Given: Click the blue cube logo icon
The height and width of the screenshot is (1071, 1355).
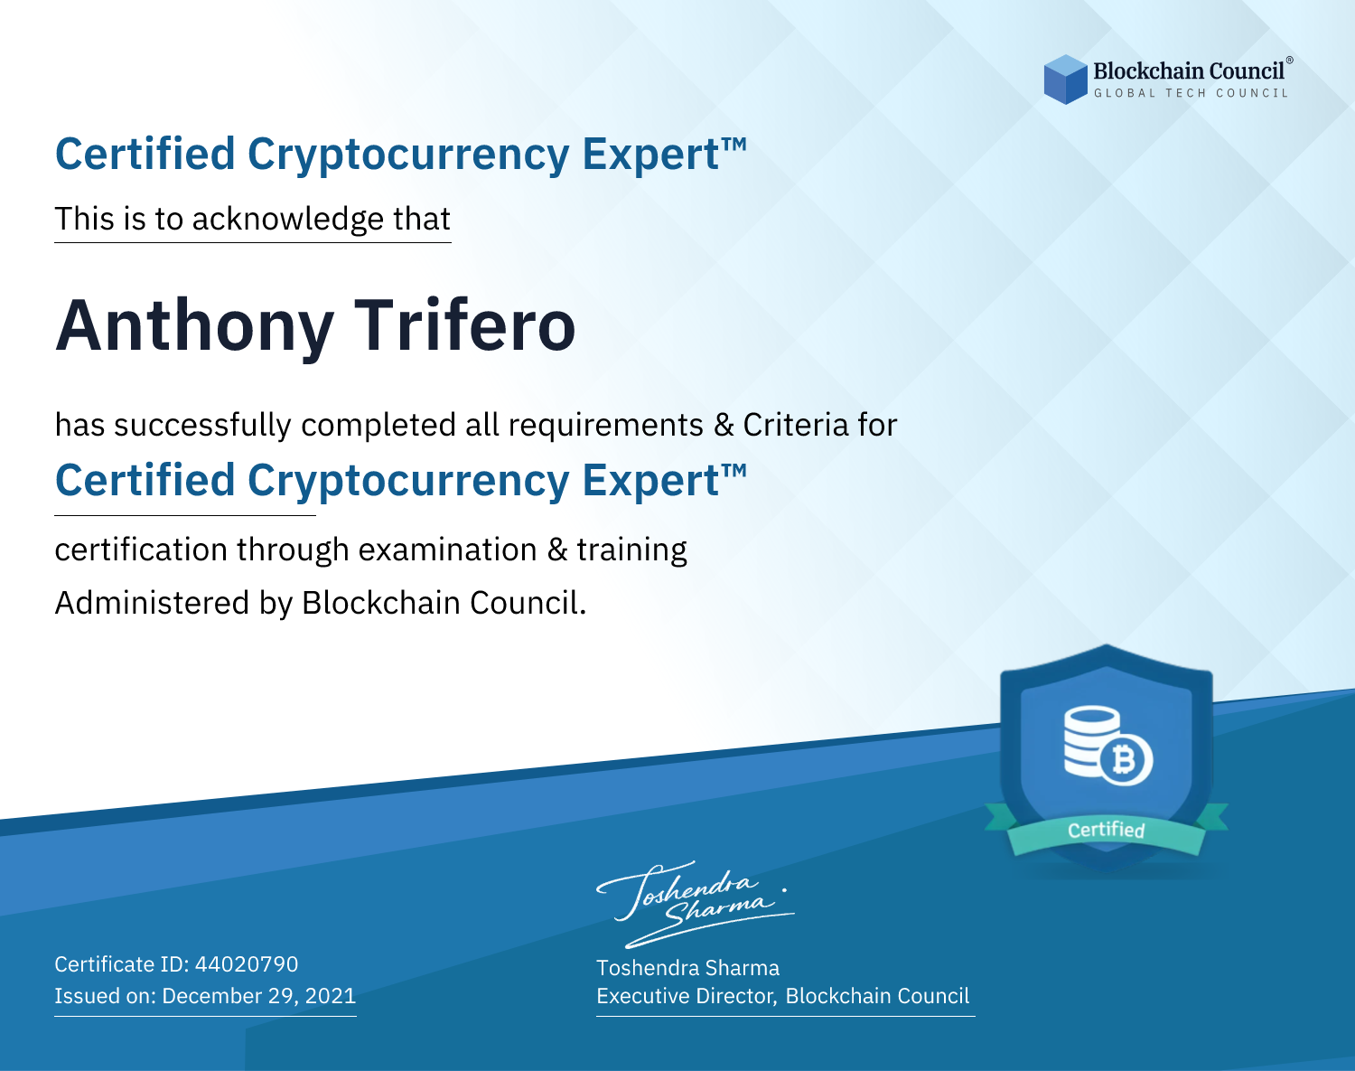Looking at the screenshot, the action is [1065, 80].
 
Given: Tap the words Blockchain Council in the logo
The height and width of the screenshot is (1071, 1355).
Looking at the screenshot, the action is [1189, 71].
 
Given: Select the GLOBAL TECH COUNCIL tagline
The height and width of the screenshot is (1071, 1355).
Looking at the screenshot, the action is [1191, 93].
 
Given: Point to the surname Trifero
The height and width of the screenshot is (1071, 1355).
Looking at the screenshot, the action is [464, 325].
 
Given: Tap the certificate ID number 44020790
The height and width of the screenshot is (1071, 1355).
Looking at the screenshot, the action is [247, 963].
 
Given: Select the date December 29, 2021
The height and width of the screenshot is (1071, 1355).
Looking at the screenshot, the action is [258, 995].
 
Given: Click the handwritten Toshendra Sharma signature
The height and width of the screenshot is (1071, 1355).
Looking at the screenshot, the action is [696, 905].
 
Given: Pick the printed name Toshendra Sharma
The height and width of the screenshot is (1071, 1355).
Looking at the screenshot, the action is [687, 968].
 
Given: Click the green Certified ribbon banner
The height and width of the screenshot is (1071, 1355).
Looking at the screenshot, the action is [1106, 830].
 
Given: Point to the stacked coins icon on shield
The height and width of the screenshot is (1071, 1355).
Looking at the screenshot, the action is [1092, 741].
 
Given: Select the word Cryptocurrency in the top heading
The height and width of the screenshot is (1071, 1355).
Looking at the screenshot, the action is [408, 155].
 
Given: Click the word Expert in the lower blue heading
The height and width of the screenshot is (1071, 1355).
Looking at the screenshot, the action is [651, 481].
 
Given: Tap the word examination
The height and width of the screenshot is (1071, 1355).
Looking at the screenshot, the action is [447, 550].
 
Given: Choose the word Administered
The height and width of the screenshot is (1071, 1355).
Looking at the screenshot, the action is [152, 602].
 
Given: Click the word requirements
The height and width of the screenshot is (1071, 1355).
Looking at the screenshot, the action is [606, 426].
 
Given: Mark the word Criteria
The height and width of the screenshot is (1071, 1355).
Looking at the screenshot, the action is [796, 425].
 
